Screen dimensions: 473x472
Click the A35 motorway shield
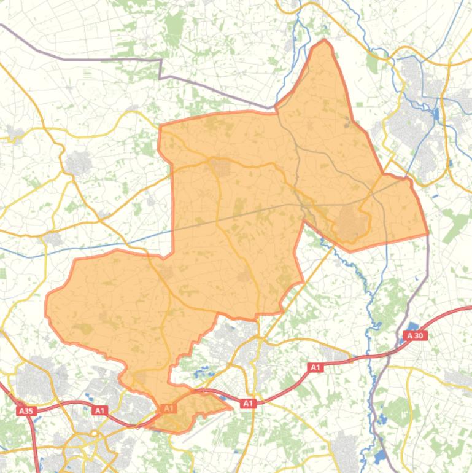[x=25, y=411]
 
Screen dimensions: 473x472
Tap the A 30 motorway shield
[x=416, y=335]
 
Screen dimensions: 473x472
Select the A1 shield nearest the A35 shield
[x=99, y=410]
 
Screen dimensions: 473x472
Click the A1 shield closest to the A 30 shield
[x=315, y=367]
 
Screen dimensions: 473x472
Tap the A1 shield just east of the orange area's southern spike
[x=248, y=404]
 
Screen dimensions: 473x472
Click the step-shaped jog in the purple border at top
[x=160, y=68]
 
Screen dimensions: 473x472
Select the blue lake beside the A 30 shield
[x=412, y=327]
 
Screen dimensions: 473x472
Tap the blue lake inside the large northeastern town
[x=436, y=114]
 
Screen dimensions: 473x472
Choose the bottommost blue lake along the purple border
[x=379, y=456]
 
